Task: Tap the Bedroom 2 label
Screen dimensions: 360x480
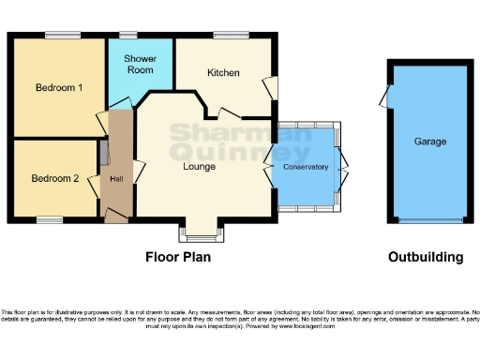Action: pos(53,178)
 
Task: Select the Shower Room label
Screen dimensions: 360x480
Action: pos(141,64)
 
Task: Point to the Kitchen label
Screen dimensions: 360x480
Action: pos(223,73)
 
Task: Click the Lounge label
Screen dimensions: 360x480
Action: pos(199,167)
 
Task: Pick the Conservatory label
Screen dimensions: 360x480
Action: pos(307,167)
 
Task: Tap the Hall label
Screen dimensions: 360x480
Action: pos(116,178)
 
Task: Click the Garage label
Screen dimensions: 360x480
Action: pos(430,142)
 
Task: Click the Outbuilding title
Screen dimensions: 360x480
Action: pos(427,256)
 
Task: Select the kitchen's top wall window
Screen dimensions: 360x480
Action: pos(228,35)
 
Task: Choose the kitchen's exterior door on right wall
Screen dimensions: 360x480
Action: pos(272,87)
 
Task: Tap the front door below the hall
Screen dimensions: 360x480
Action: pos(116,217)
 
